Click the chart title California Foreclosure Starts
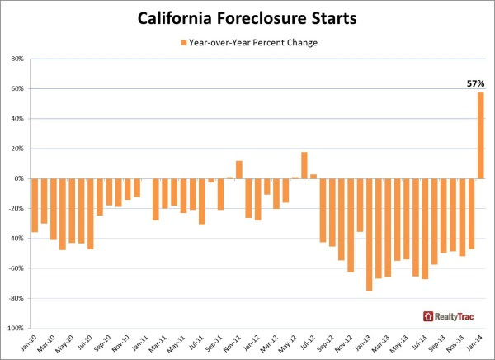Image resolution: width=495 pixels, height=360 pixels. point(247,19)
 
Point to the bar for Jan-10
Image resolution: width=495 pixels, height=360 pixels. point(35,205)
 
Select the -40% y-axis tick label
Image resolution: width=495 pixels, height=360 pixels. point(17,239)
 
